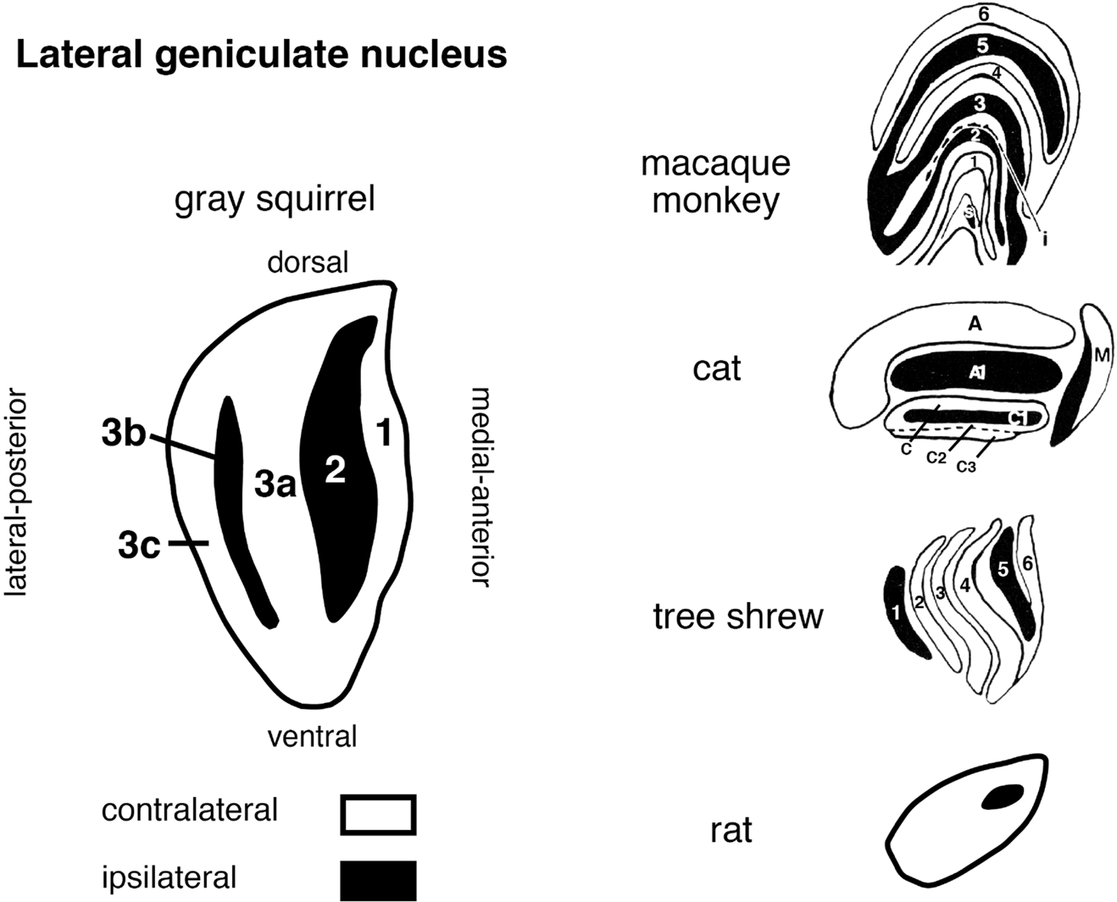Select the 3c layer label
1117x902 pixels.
pos(139,546)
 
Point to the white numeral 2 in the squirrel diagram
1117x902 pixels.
pos(336,471)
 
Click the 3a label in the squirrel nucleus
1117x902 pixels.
pos(275,484)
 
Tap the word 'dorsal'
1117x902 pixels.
pos(308,263)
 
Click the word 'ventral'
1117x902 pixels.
pos(312,736)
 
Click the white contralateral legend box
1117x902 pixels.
pos(378,814)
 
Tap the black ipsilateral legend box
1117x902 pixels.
pos(378,880)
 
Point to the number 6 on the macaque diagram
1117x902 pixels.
pos(983,14)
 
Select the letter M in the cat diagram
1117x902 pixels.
pos(1101,356)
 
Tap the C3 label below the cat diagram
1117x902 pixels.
pos(965,466)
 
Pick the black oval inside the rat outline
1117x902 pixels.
pos(1002,797)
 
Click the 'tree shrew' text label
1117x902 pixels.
pos(737,616)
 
